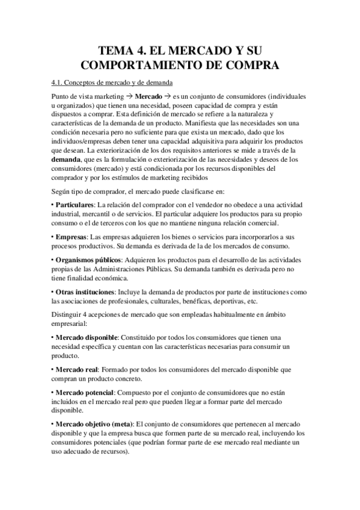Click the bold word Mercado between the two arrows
tap(149, 96)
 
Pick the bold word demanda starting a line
tap(66, 159)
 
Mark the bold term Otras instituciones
tap(85, 292)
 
